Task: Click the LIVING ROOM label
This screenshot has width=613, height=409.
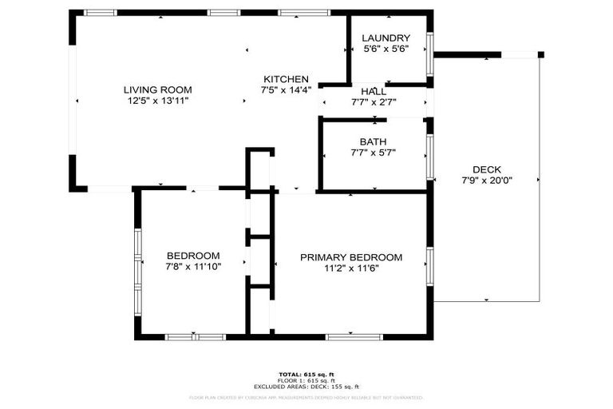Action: click(157, 89)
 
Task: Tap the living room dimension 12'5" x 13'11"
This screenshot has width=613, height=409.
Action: click(157, 101)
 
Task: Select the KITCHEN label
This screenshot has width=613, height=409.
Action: click(287, 79)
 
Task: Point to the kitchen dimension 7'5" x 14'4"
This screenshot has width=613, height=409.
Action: click(287, 90)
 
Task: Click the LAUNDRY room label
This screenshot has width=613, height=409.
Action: click(386, 38)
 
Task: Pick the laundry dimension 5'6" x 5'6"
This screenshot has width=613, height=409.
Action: click(386, 49)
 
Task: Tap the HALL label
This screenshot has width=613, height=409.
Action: click(374, 92)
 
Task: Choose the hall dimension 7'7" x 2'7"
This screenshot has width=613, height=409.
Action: click(374, 102)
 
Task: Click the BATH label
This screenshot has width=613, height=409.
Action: click(373, 141)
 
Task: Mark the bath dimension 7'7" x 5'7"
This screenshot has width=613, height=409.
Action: click(373, 153)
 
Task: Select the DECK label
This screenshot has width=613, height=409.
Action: click(487, 169)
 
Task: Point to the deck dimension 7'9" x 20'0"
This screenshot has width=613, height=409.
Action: click(487, 181)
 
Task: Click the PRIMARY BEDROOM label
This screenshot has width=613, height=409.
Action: click(351, 257)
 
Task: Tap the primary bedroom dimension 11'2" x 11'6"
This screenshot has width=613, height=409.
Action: click(351, 268)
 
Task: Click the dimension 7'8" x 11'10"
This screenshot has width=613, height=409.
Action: click(193, 266)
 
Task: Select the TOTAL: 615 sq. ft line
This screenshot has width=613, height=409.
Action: click(306, 374)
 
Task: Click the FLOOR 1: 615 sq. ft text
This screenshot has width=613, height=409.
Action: click(306, 380)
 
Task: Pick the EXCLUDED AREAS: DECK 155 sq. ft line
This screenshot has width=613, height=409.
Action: click(306, 387)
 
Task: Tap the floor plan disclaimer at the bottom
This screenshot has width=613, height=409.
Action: click(306, 397)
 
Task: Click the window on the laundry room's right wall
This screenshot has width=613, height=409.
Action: click(430, 54)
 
